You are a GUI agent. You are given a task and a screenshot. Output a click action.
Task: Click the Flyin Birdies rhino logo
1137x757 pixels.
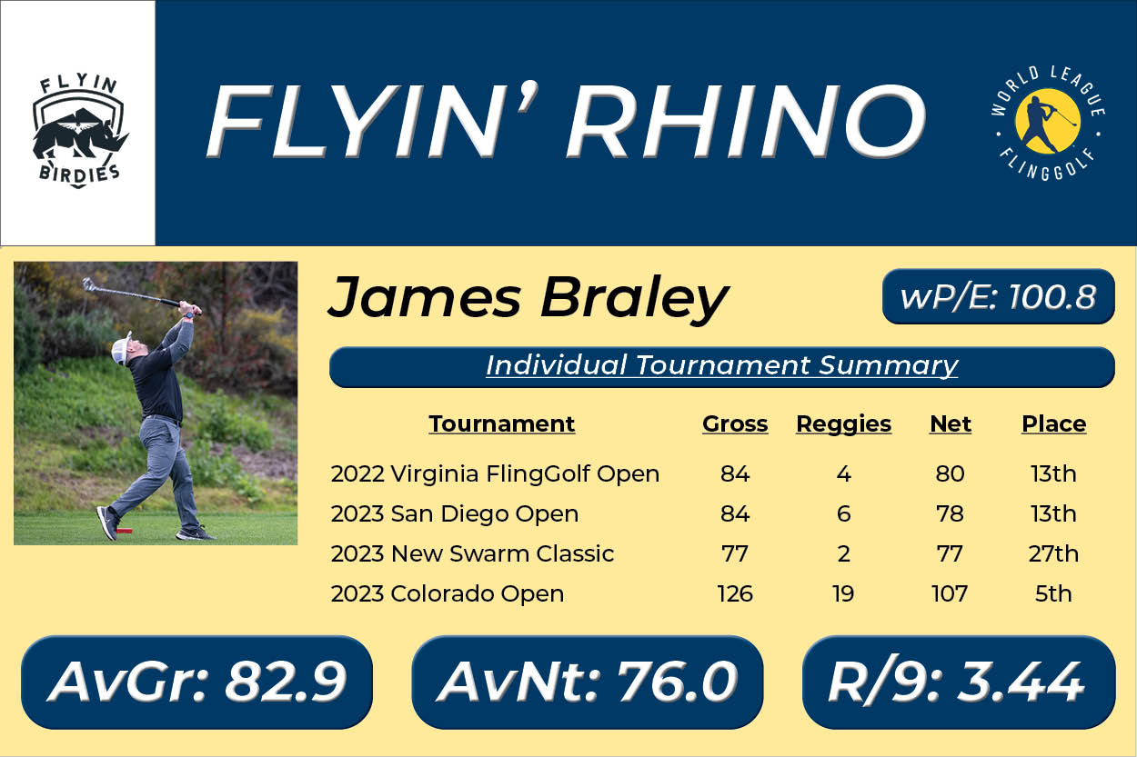79,131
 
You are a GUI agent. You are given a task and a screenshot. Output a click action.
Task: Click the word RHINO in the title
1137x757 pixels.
746,121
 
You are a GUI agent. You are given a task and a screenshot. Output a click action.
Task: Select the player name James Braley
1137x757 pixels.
528,298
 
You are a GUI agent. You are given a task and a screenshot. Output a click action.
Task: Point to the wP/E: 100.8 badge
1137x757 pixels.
999,296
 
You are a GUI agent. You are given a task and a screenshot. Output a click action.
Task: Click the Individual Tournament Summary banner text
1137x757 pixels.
722,365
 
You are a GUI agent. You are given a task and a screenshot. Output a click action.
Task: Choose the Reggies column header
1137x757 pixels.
843,423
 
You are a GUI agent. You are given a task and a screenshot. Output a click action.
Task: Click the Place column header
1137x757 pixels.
1053,423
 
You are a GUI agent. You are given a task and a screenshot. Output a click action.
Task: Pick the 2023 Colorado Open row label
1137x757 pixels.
448,593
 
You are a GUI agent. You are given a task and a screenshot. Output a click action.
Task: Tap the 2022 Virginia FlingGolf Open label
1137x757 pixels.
495,473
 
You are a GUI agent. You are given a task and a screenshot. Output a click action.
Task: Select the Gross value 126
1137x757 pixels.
735,593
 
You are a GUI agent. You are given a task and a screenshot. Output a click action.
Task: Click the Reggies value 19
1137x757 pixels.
843,593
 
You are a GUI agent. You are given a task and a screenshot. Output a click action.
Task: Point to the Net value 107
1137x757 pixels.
950,593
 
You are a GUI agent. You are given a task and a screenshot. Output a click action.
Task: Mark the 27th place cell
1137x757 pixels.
1053,553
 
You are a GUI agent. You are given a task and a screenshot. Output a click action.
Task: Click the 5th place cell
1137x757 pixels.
1053,593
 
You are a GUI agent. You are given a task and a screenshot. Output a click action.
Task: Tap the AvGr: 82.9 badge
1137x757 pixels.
197,682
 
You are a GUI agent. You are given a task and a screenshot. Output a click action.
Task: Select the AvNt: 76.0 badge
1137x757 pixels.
588,682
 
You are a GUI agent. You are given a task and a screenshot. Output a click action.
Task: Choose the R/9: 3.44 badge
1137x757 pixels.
959,682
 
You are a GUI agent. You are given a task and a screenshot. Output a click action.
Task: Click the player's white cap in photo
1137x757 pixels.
121,349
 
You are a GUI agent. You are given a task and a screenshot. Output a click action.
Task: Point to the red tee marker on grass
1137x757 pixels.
125,531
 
